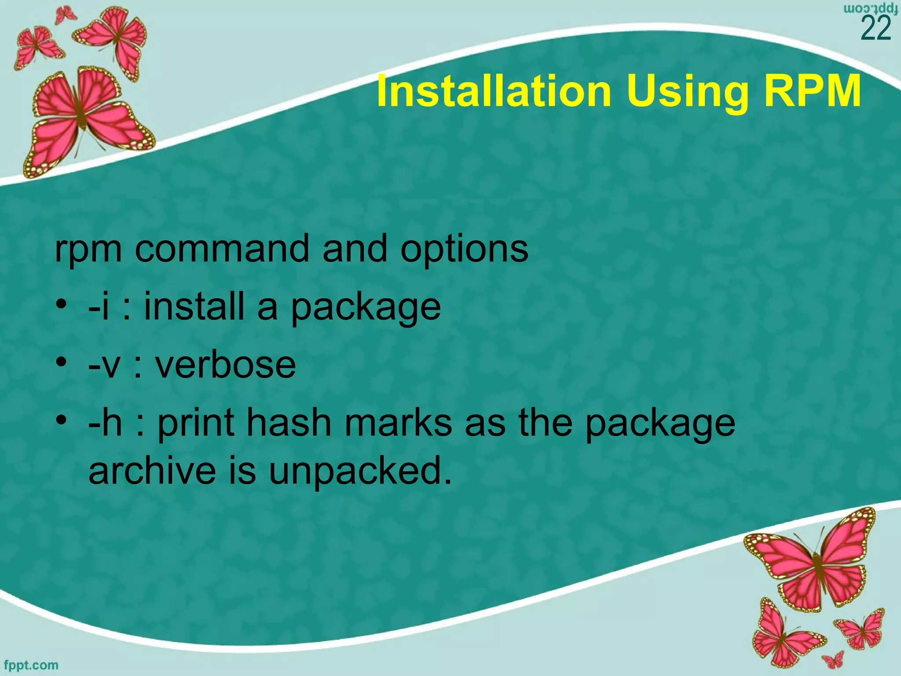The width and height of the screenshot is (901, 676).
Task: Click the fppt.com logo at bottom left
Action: pyautogui.click(x=31, y=665)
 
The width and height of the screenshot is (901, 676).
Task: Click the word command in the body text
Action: pyautogui.click(x=222, y=249)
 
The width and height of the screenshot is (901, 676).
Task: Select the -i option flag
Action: pyautogui.click(x=99, y=306)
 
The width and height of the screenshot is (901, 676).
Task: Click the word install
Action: pyautogui.click(x=194, y=306)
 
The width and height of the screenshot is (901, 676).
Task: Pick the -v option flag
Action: pyautogui.click(x=104, y=366)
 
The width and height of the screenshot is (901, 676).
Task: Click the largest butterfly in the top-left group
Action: pyautogui.click(x=86, y=117)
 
